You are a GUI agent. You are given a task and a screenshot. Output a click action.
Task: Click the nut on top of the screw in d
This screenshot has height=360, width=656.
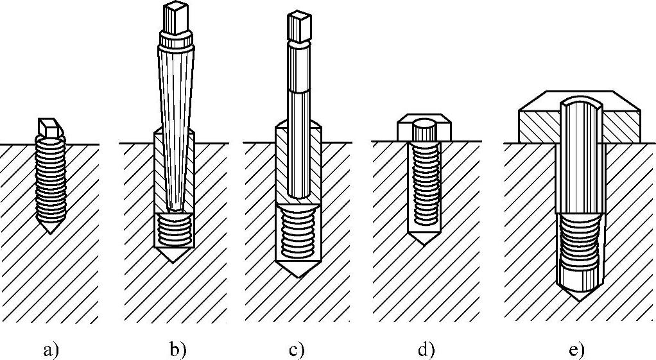coord(424,130)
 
